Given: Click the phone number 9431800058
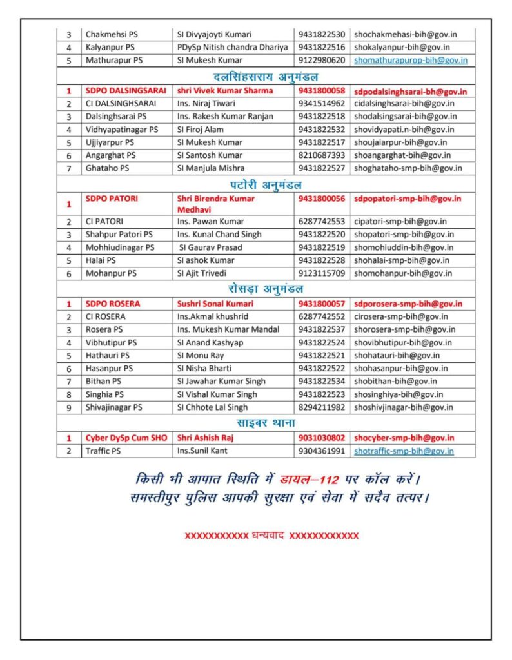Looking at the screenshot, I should click(322, 91).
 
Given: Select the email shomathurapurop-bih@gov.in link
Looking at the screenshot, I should click(411, 60).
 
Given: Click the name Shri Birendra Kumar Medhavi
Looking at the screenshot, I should click(215, 204).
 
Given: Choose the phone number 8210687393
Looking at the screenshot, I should click(322, 155).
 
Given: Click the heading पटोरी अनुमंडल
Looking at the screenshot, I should click(266, 184).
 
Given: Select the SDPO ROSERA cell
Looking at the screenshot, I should click(113, 304).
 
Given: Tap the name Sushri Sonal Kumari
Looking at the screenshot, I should click(215, 304).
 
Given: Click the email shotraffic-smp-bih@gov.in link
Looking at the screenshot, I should click(404, 451).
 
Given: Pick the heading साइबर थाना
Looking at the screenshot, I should click(266, 423).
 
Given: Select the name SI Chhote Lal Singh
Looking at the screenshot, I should click(212, 407).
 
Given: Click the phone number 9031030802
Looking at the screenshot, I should click(322, 438).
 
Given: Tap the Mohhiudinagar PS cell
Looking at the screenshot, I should click(120, 247).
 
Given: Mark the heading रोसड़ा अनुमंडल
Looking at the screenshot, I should click(266, 289).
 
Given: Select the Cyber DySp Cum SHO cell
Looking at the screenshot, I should click(126, 438).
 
